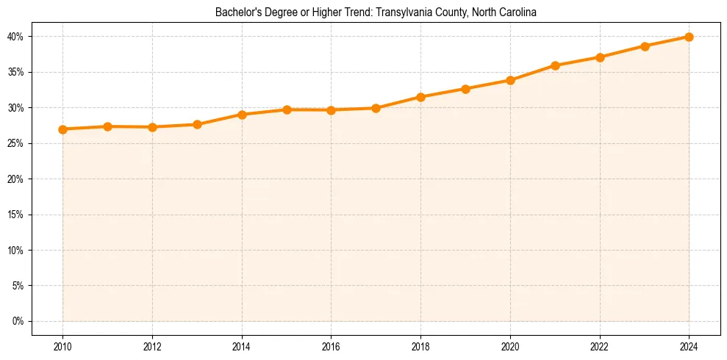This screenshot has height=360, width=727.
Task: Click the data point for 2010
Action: click(62, 129)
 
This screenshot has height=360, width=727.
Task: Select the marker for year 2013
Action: click(197, 124)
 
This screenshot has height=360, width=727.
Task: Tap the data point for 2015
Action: click(287, 109)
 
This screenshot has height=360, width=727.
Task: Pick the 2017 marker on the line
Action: click(376, 108)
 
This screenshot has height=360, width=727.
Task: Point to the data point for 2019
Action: click(465, 89)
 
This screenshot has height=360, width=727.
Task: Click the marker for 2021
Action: click(555, 65)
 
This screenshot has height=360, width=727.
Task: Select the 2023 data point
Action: click(645, 46)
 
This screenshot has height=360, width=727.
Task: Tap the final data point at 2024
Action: click(689, 37)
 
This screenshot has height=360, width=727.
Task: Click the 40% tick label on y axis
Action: click(15, 37)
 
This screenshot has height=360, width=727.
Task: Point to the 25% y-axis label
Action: click(15, 143)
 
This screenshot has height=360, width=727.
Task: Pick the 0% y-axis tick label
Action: click(18, 321)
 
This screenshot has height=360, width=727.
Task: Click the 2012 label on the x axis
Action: click(152, 345)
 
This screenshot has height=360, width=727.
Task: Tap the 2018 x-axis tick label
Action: click(420, 345)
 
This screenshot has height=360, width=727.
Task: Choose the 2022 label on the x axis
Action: click(600, 345)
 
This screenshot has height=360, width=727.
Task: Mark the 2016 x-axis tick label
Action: click(331, 345)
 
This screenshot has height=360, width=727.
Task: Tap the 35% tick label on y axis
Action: click(15, 72)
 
